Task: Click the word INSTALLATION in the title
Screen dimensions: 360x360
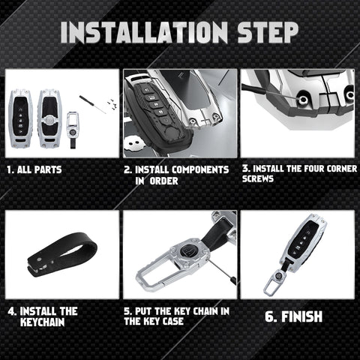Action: tap(144, 32)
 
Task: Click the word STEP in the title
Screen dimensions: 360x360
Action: tap(268, 32)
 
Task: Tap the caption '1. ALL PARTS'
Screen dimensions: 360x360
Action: tap(34, 169)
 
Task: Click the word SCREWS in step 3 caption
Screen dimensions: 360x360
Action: tap(258, 178)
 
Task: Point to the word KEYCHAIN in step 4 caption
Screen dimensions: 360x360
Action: tap(43, 322)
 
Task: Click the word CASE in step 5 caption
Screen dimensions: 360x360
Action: tap(173, 321)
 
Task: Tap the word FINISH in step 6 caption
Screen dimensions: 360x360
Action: tap(301, 316)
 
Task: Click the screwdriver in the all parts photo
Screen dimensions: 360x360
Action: tap(93, 104)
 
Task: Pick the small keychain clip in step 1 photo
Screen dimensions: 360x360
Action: tap(73, 130)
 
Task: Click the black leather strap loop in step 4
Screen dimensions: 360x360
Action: tap(62, 254)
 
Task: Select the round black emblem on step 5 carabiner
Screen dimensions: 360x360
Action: tap(187, 249)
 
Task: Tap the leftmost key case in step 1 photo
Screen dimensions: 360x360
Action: tap(20, 118)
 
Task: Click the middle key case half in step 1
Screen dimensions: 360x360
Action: tap(49, 118)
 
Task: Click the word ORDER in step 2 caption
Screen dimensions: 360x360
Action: tap(163, 181)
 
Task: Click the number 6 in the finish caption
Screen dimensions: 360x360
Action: tap(269, 316)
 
